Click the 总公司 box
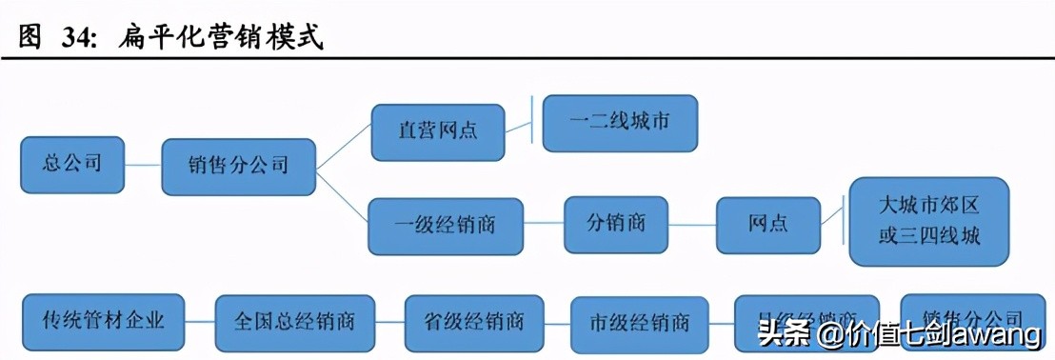pyautogui.click(x=72, y=164)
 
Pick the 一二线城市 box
pyautogui.click(x=620, y=123)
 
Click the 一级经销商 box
pyautogui.click(x=446, y=226)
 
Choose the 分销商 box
pyautogui.click(x=615, y=225)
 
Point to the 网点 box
pyautogui.click(x=766, y=226)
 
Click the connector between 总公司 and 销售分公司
pyautogui.click(x=143, y=165)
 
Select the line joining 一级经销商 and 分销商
pyautogui.click(x=543, y=226)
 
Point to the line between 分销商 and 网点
pyautogui.click(x=692, y=226)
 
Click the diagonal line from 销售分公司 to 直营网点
pyautogui.click(x=343, y=148)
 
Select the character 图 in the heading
pyautogui.click(x=31, y=38)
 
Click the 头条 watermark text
pyautogui.click(x=778, y=335)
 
